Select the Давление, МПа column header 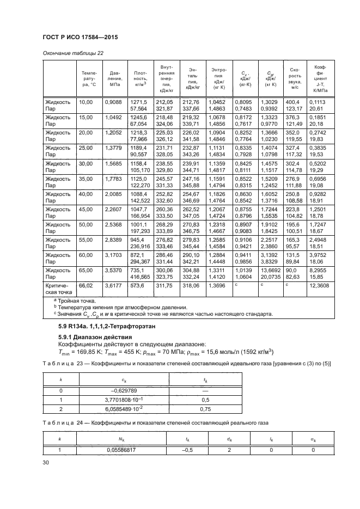click(115, 78)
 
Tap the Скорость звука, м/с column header click(295, 78)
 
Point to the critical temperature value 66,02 click(87, 285)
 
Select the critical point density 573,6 click(137, 285)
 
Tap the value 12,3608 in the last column click(318, 285)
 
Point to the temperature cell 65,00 click(87, 269)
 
